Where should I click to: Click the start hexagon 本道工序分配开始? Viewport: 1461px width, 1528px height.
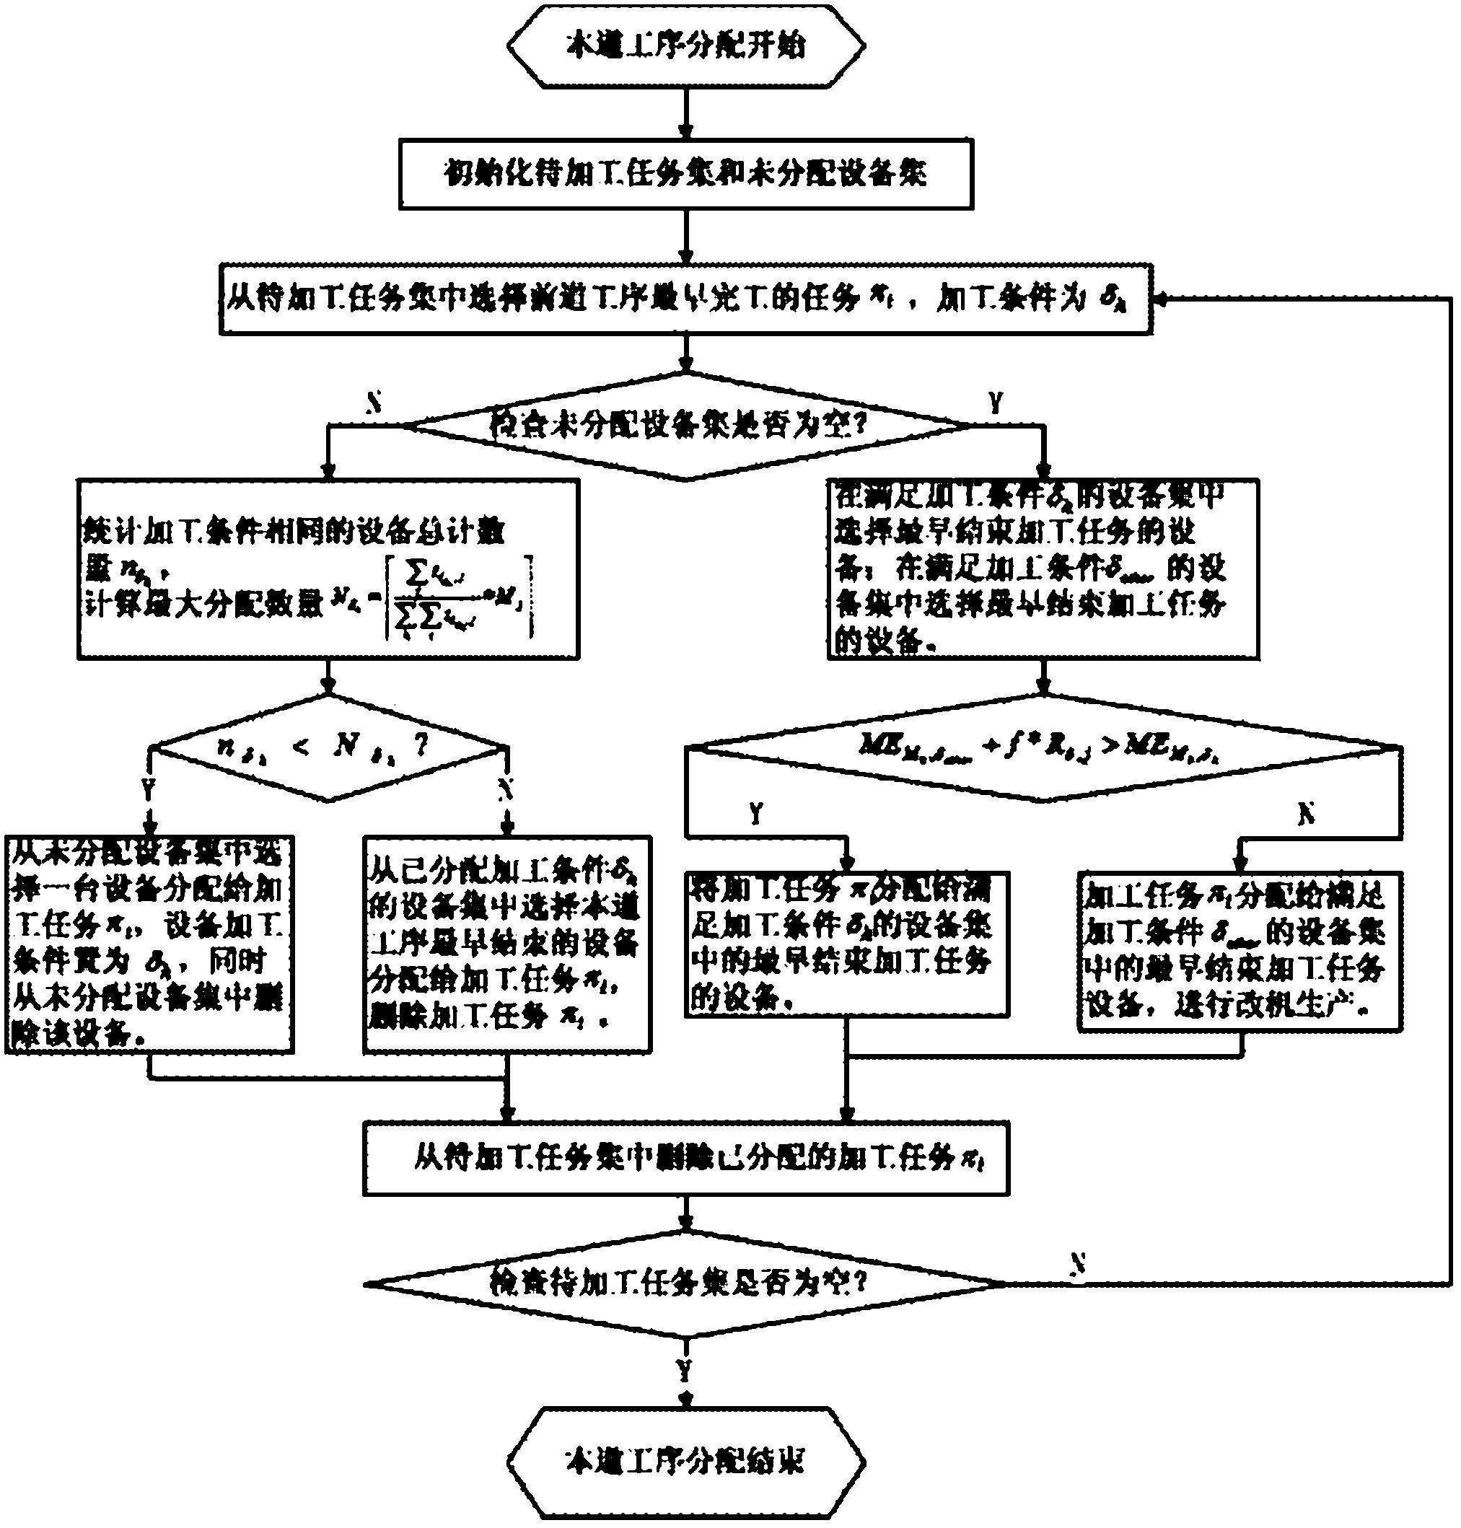pyautogui.click(x=685, y=48)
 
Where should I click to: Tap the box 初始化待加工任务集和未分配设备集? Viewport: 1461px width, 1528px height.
pyautogui.click(x=685, y=174)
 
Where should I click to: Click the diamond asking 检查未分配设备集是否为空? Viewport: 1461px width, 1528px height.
pyautogui.click(x=685, y=426)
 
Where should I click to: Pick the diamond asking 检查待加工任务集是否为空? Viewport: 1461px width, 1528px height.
pyautogui.click(x=685, y=1282)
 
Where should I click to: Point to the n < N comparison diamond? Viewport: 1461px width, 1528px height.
pyautogui.click(x=328, y=748)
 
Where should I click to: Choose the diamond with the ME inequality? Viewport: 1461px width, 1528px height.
pyautogui.click(x=1043, y=748)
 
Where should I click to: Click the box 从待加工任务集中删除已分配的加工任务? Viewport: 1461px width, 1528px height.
pyautogui.click(x=685, y=1159)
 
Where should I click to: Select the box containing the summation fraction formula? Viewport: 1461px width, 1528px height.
pyautogui.click(x=328, y=569)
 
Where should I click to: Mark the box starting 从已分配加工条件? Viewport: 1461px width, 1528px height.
pyautogui.click(x=507, y=944)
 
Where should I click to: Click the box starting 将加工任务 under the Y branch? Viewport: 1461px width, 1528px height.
pyautogui.click(x=847, y=943)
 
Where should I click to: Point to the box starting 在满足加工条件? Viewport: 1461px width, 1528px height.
pyautogui.click(x=1043, y=569)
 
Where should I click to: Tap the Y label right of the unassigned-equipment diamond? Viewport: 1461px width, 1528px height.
pyautogui.click(x=994, y=403)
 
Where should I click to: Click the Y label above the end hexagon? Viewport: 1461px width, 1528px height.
pyautogui.click(x=685, y=1369)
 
